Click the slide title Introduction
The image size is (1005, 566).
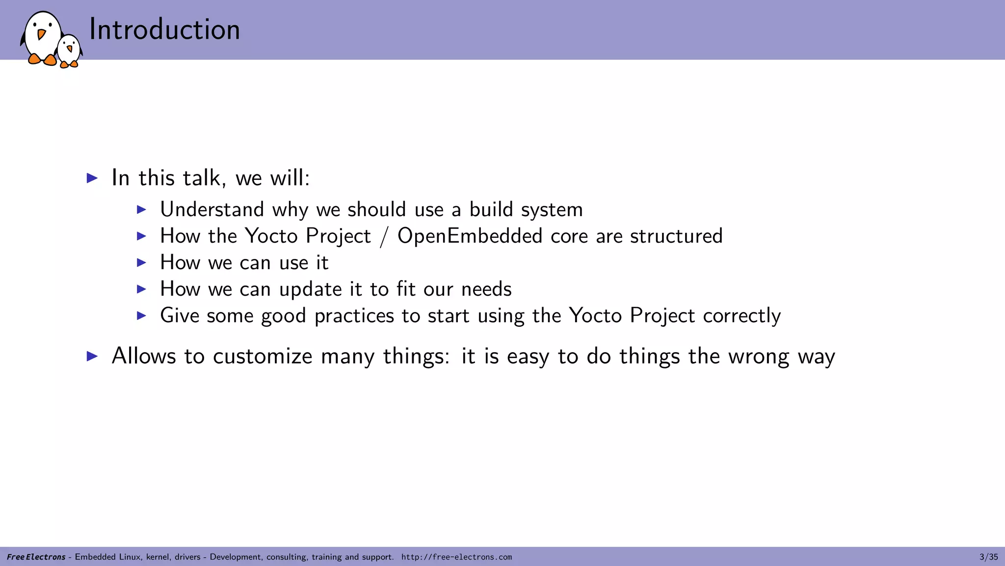164,29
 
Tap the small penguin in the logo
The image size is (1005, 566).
69,51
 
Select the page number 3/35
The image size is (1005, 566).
988,557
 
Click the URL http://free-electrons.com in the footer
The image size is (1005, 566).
456,557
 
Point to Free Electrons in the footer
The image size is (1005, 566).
36,557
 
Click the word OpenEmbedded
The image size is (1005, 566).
470,236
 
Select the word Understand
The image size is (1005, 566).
212,210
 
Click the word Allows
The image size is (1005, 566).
143,356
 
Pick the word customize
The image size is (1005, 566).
263,356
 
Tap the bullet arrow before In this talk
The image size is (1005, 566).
92,178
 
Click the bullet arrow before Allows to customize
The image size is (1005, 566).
92,356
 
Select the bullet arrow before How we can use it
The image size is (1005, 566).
141,263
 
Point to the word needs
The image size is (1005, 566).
486,289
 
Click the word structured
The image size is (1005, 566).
676,236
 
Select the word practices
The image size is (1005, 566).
354,316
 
